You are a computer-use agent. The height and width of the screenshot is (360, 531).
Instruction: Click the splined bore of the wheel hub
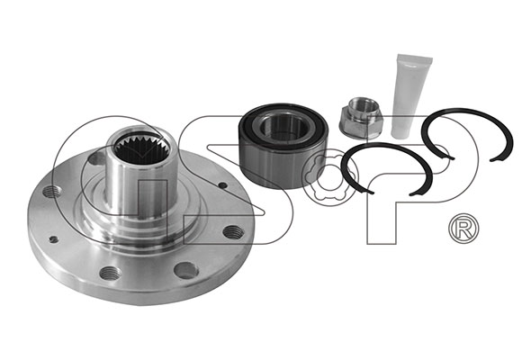click(141, 149)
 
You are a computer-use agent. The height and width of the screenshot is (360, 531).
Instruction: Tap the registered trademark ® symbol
click(463, 229)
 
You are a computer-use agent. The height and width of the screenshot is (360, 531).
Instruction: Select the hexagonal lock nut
click(361, 118)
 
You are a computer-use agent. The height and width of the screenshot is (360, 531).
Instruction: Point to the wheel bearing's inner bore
click(284, 127)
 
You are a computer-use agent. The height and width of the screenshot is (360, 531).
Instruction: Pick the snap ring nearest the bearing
click(387, 169)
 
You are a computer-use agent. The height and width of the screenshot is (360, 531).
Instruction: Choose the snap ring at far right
click(467, 135)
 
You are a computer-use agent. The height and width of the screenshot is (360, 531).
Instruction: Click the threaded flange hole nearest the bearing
click(233, 232)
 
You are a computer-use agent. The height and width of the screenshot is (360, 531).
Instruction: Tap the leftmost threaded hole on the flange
click(52, 192)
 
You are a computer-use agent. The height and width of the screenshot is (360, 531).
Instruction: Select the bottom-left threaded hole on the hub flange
click(110, 273)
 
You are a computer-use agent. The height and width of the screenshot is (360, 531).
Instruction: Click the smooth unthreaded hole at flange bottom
click(186, 271)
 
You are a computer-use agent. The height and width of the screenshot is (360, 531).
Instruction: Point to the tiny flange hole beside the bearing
click(223, 185)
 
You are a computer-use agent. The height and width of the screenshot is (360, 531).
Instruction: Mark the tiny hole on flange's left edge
click(53, 239)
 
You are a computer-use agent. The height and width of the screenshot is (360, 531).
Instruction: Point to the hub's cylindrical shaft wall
click(141, 190)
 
